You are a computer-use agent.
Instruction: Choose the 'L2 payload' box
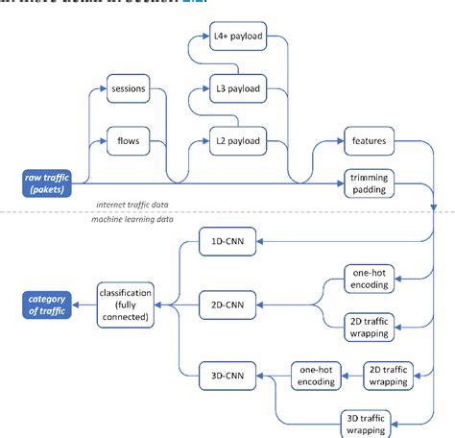(236, 141)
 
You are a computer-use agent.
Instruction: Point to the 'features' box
(369, 141)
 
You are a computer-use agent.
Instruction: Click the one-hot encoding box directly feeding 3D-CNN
(316, 376)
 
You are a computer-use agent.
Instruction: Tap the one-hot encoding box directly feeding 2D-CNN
(369, 280)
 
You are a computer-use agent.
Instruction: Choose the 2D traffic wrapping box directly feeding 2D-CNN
(369, 327)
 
